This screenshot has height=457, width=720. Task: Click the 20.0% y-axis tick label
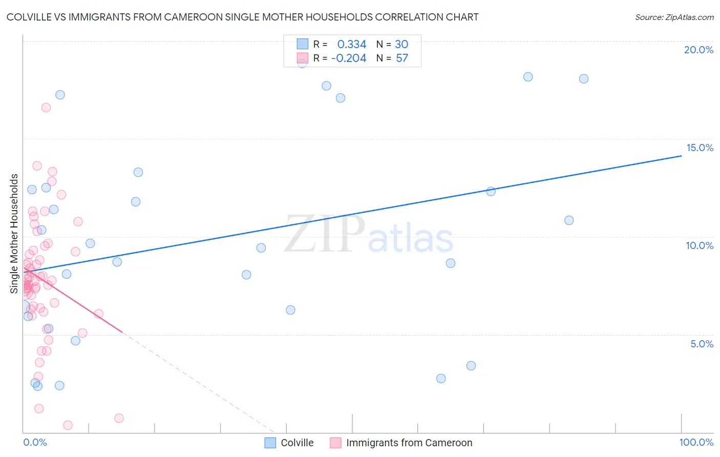(x=698, y=50)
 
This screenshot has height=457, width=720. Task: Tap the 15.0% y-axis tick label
(x=700, y=148)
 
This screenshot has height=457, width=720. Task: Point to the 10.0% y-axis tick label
(x=700, y=245)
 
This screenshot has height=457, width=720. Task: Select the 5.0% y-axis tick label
(x=702, y=344)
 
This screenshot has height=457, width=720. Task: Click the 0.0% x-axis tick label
(x=35, y=442)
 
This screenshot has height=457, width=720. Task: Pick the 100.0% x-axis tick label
(x=696, y=442)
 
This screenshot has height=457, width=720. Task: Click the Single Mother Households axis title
(x=14, y=234)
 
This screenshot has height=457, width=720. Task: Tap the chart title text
(x=243, y=17)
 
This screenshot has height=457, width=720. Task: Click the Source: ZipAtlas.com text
(x=674, y=17)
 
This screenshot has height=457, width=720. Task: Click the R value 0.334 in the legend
(x=351, y=45)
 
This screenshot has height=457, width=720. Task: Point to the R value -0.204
(x=349, y=58)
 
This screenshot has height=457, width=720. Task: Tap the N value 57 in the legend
(x=402, y=58)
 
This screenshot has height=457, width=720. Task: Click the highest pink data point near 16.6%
(x=46, y=108)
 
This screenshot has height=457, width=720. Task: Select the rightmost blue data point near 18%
(x=583, y=79)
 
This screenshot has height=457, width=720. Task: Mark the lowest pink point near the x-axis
(x=68, y=425)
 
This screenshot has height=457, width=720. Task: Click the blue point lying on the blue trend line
(x=491, y=192)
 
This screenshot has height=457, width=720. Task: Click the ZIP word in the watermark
(x=325, y=234)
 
